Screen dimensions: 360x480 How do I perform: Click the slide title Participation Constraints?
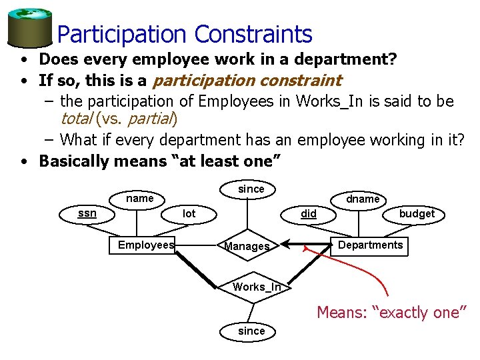[x=185, y=34]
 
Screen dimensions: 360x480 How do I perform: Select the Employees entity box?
[x=145, y=245]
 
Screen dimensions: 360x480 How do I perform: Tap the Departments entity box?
[x=370, y=245]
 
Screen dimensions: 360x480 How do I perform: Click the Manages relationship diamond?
[x=247, y=247]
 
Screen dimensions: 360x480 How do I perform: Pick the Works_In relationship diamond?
[x=257, y=287]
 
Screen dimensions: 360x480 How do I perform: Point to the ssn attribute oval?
[x=87, y=213]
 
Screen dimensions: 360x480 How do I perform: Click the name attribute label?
[x=139, y=198]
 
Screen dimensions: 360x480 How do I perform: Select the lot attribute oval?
[x=189, y=213]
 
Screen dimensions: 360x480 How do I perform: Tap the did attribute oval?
[x=309, y=214]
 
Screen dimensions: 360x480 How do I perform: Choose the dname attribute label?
[x=363, y=199]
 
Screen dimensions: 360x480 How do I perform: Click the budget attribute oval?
[x=416, y=213]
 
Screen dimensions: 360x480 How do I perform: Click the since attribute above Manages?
[x=251, y=189]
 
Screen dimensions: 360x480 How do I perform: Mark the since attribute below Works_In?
[x=251, y=331]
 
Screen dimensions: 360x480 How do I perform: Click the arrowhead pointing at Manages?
[x=285, y=245]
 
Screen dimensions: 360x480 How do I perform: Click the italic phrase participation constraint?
[x=247, y=81]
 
